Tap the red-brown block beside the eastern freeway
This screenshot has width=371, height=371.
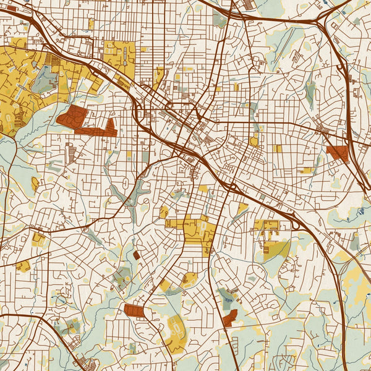coord(338,153)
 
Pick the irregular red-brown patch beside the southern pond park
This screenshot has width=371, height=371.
coord(230,318)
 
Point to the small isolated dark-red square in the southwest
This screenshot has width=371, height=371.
coord(136,255)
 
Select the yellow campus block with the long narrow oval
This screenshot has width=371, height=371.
coord(120,56)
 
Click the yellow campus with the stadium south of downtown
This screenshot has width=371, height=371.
coord(200,230)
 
